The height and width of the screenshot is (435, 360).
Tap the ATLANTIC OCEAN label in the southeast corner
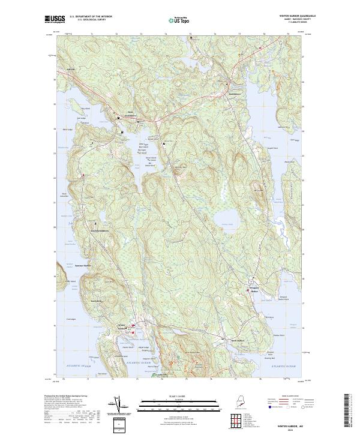click(284, 365)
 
